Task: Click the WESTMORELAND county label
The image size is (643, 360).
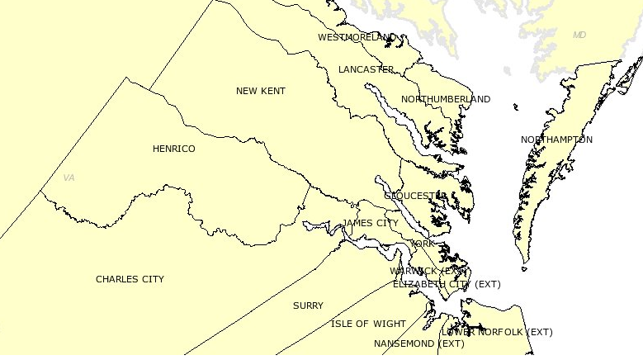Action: (357, 37)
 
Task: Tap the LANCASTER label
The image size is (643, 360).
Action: (366, 69)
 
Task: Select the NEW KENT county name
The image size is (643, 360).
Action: (260, 91)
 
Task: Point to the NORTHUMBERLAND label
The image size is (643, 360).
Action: (445, 99)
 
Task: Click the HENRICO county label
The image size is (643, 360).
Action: (173, 149)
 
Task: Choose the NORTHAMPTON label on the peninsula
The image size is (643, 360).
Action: (556, 140)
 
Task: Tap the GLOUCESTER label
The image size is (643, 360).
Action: (415, 196)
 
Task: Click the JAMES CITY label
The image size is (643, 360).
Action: (370, 223)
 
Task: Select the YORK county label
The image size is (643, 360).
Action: (422, 244)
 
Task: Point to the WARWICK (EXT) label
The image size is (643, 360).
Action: (428, 271)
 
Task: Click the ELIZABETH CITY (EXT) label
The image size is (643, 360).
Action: (446, 284)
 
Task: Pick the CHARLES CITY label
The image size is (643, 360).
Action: (130, 279)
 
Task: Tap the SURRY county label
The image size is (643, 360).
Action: (308, 306)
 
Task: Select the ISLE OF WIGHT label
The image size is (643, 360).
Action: (368, 324)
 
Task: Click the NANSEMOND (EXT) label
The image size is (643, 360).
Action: (418, 343)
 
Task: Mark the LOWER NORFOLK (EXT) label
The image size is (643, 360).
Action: (497, 332)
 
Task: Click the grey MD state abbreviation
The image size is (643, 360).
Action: (579, 35)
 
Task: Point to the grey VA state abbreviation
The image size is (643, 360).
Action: (69, 178)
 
